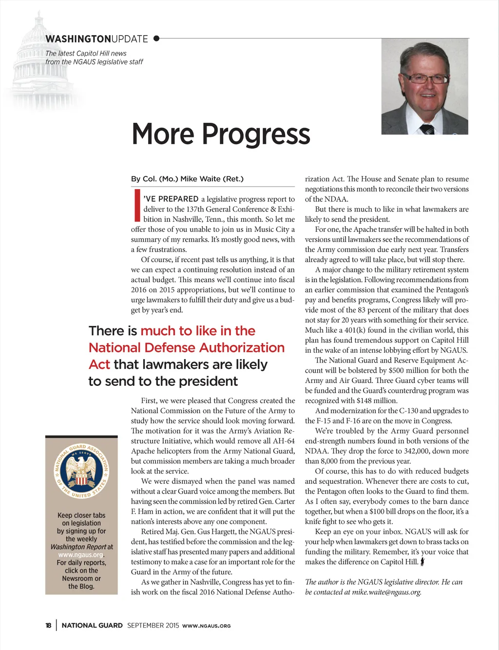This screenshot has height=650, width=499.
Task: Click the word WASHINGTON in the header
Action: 78,39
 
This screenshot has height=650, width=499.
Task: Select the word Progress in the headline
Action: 256,134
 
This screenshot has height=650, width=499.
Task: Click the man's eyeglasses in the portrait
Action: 425,78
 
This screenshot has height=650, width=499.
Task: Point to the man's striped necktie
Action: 427,129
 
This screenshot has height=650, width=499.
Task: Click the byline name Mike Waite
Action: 200,179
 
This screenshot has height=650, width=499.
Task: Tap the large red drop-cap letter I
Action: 137,205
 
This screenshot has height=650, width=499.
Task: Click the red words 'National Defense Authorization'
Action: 187,348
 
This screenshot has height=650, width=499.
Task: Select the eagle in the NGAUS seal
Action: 81,471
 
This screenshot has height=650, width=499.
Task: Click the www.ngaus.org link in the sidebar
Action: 80,555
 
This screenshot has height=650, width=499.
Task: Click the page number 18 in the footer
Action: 48,626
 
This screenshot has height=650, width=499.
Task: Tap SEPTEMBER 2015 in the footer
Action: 153,626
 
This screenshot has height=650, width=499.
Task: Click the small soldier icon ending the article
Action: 422,562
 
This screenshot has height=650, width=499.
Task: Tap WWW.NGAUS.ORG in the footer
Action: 206,626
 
